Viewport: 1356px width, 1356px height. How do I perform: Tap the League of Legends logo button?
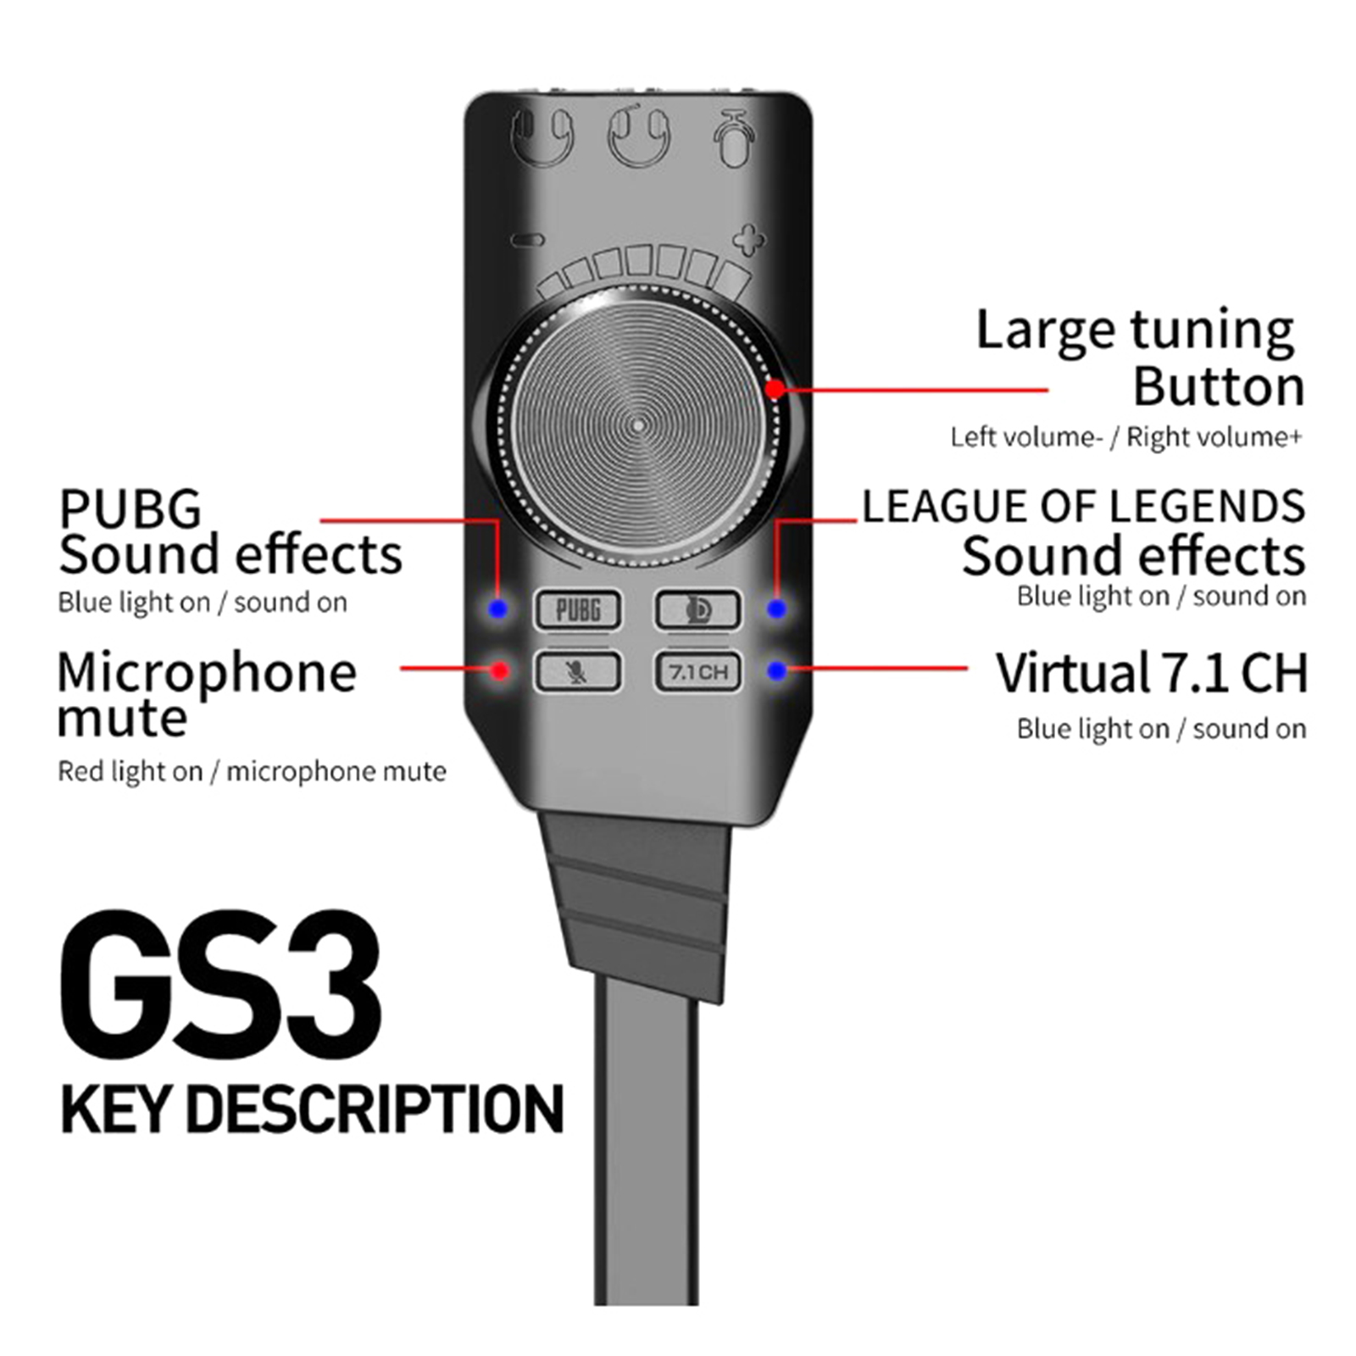pos(697,609)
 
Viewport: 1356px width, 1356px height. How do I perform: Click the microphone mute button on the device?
pos(578,672)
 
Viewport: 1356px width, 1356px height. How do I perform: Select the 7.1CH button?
pos(697,672)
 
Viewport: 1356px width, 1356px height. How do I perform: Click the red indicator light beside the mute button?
pos(500,671)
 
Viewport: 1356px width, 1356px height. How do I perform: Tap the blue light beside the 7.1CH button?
pos(776,671)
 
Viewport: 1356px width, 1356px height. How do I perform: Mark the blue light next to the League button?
pos(776,609)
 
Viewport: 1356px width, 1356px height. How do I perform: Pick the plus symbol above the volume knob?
pos(747,240)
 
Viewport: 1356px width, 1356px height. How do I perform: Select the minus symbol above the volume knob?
pos(529,241)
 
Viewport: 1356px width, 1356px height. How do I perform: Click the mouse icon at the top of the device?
pos(733,138)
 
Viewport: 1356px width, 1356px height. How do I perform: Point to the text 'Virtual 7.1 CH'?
pos(1151,673)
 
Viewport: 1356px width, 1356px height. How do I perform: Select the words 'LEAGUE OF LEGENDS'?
pos(1083,507)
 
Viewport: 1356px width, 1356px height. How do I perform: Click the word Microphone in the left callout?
pos(207,673)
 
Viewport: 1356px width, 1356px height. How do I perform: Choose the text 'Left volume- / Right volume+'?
pos(1125,437)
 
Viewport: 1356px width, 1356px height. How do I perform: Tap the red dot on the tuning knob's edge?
pos(775,390)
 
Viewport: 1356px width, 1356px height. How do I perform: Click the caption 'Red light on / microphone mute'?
pos(252,771)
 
